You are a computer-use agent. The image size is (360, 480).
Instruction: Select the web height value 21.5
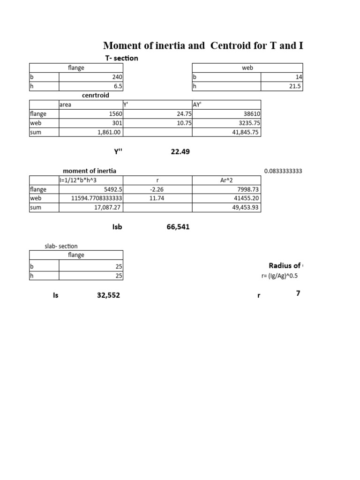[x=296, y=86]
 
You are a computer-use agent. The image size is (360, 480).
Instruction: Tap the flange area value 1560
[x=114, y=113]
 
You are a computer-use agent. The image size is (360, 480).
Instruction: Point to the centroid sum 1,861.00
[x=108, y=132]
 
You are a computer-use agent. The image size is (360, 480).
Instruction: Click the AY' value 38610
[x=252, y=113]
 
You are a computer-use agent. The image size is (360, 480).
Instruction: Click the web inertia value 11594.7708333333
[x=97, y=198]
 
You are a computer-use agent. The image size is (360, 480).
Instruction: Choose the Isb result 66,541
[x=178, y=227]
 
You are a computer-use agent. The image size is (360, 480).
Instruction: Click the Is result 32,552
[x=112, y=296]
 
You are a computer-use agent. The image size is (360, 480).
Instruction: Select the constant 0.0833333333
[x=283, y=171]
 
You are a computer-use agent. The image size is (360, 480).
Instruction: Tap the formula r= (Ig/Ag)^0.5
[x=279, y=276]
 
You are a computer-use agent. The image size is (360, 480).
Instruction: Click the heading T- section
[x=121, y=58]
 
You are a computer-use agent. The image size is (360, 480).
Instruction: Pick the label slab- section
[x=61, y=246]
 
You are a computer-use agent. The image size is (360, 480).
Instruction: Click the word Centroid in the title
[x=237, y=45]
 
